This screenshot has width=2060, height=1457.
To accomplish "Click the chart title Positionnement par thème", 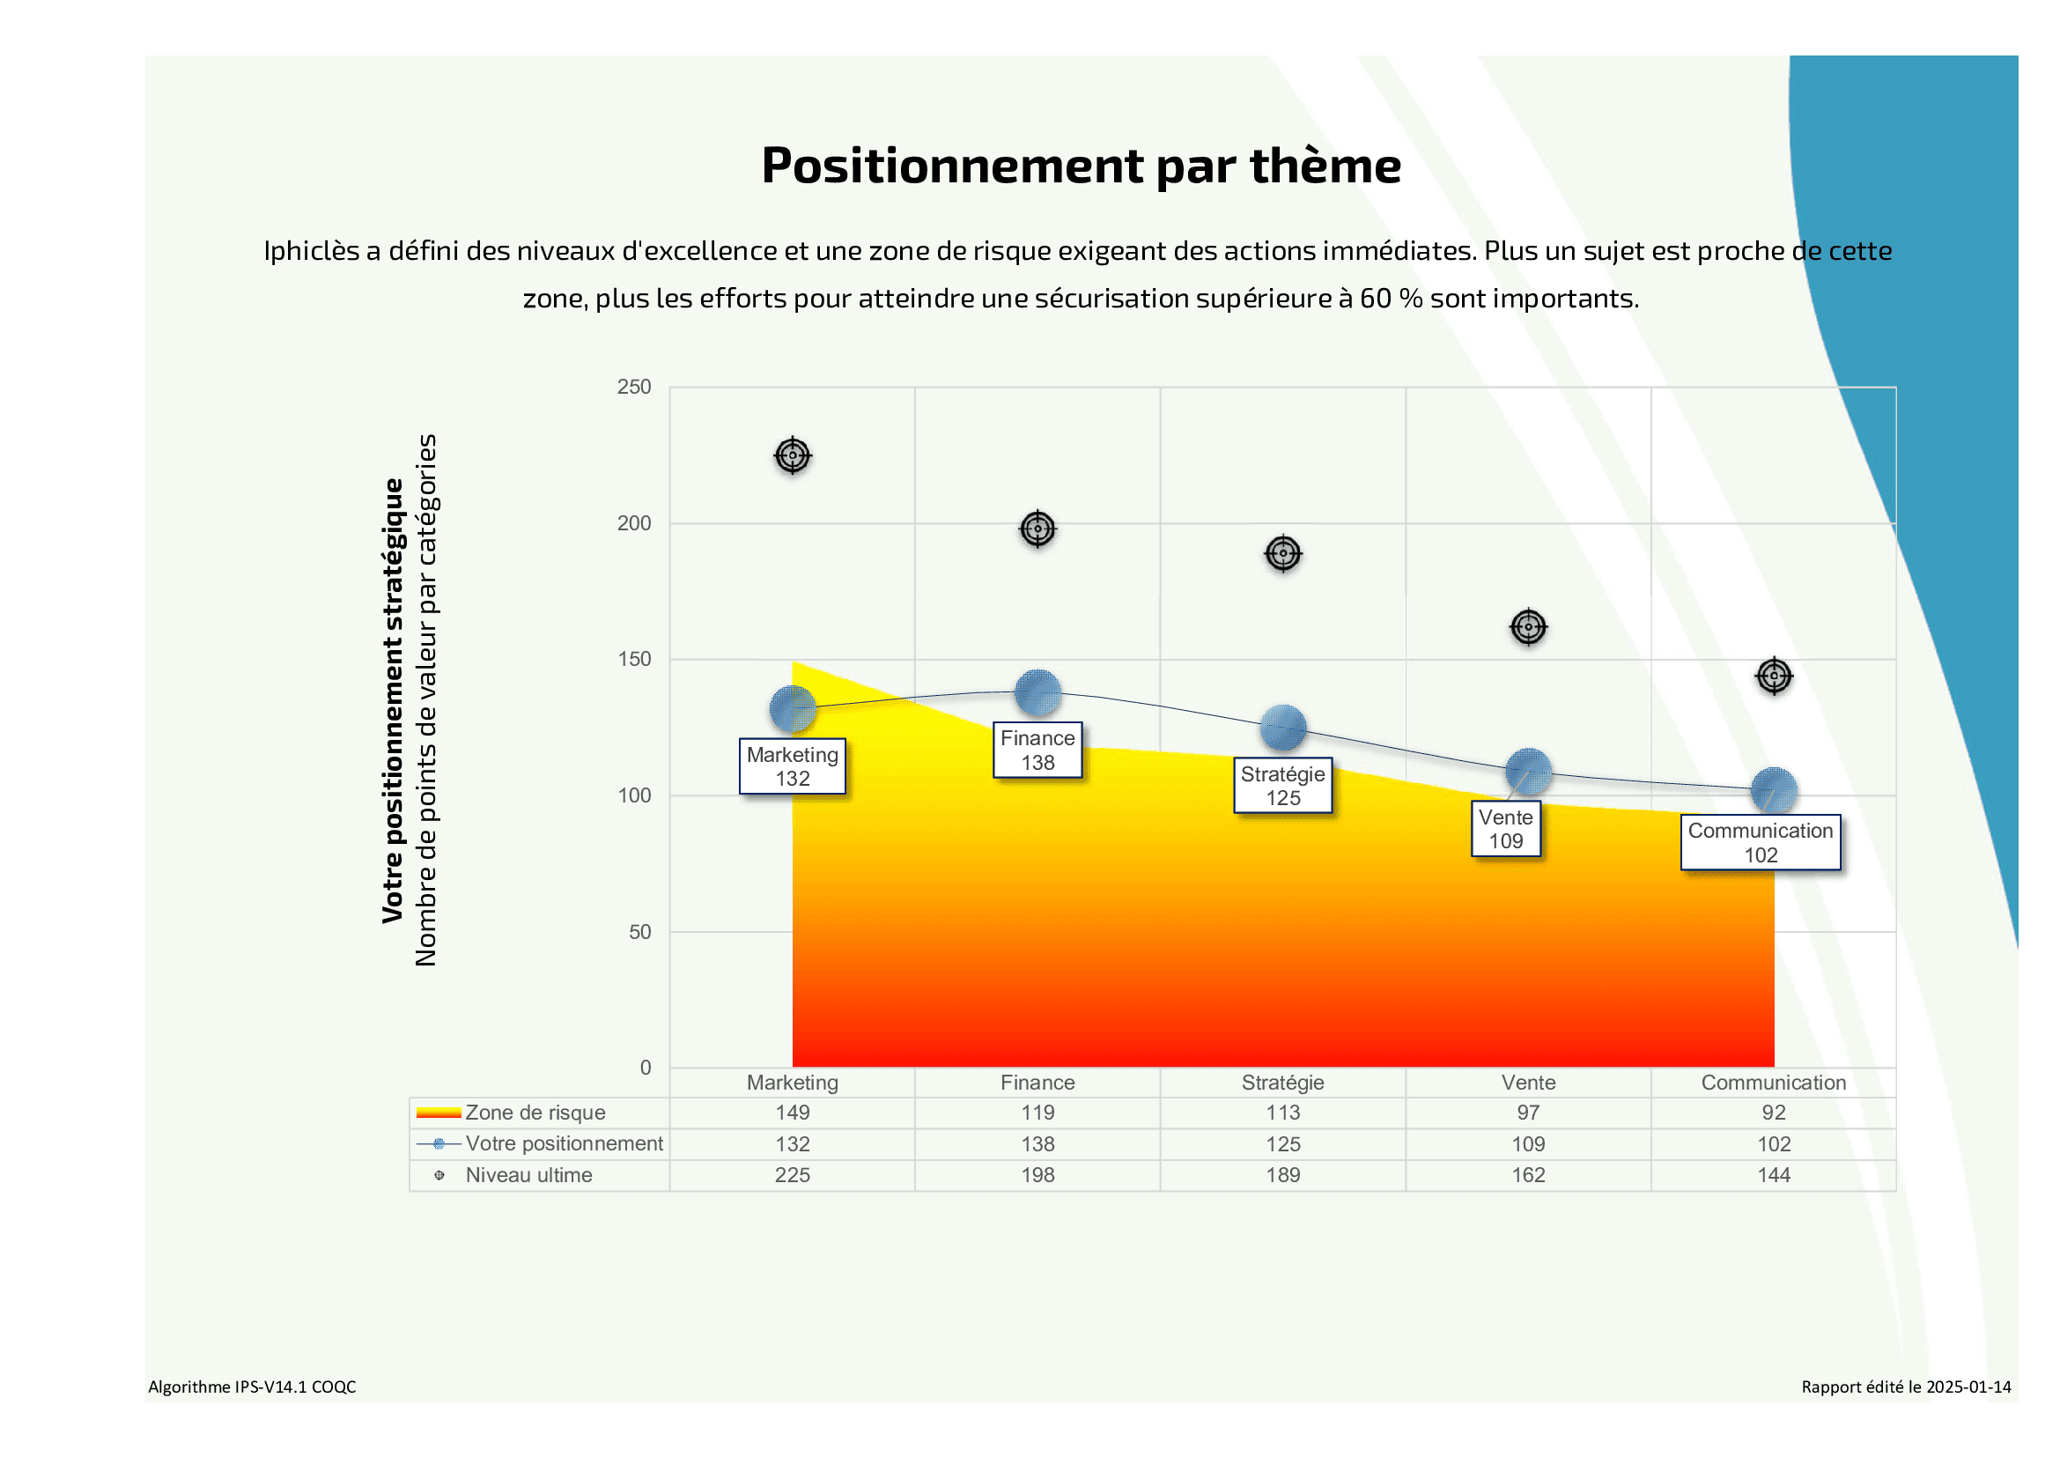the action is tap(1081, 166).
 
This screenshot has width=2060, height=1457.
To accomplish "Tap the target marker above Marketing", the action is tap(793, 455).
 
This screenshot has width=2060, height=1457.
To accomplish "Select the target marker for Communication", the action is tap(1774, 676).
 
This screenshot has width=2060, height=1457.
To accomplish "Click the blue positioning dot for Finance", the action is tap(1038, 692).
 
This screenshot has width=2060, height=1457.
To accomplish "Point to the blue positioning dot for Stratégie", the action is tap(1283, 728).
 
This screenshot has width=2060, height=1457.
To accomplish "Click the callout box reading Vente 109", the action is tap(1505, 829).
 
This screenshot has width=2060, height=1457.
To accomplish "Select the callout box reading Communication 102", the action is tap(1761, 842).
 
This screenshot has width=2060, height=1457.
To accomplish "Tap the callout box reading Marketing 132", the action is tap(793, 766).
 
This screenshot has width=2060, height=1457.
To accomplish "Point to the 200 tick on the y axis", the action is tap(634, 523).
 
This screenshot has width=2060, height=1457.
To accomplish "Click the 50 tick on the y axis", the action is tap(639, 932).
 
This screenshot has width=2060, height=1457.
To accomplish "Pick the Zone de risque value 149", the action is tap(793, 1113).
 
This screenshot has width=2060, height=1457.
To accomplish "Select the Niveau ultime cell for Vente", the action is tap(1528, 1175).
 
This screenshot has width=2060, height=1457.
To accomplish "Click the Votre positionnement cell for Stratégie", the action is tap(1283, 1144).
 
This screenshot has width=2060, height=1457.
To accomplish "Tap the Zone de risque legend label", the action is tap(535, 1113).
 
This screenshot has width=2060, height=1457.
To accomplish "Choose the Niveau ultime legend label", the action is tap(528, 1175).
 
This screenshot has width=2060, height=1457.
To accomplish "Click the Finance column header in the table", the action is tap(1037, 1083).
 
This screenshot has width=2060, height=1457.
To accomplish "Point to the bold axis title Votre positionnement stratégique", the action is tap(393, 700).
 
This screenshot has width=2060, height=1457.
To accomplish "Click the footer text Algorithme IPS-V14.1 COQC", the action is tap(252, 1387).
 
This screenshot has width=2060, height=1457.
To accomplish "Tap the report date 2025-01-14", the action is tap(1968, 1387).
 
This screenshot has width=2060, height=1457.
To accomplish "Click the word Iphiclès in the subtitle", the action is tap(310, 250).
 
